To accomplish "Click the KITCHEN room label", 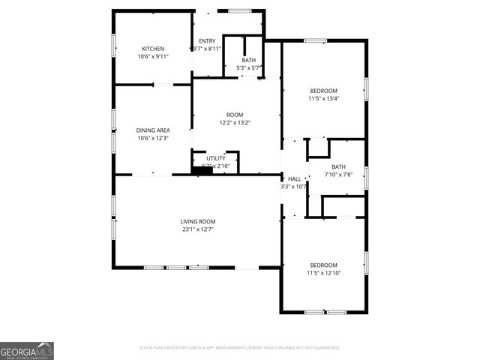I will (153, 49).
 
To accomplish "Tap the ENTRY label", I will (206, 40).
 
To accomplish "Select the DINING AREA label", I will (153, 130).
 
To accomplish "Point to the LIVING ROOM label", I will (198, 221).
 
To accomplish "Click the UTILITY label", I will (216, 158).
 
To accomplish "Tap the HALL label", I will (295, 178).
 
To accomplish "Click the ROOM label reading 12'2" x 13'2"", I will (235, 115).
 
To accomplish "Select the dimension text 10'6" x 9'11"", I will (153, 57).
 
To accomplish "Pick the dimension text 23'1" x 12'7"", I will (198, 229).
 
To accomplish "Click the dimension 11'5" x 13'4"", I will (324, 98).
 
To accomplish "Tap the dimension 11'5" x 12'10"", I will (324, 273).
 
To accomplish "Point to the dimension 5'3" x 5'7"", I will (249, 68).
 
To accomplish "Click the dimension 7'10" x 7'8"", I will (339, 175).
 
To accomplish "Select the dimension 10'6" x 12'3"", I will (153, 139).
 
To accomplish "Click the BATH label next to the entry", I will (249, 60).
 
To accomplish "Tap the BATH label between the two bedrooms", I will (339, 166).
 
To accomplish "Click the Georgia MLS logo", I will (27, 351).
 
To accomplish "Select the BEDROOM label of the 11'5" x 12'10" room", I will (324, 265).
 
